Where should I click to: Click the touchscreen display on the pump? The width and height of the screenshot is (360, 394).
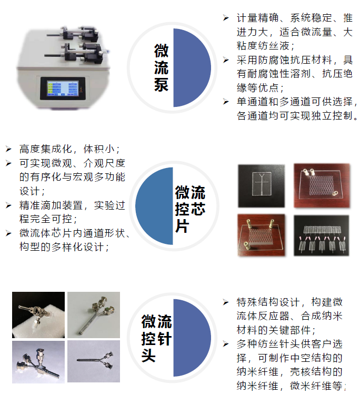coord(63,88)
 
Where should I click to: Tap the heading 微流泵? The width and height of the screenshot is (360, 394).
coord(161,68)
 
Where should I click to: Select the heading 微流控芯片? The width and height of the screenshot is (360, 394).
coord(190,209)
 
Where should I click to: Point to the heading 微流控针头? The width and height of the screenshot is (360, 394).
coord(156,338)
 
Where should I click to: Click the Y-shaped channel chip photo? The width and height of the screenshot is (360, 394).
coord(262,186)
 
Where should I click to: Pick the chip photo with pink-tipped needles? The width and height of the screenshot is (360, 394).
coord(322,235)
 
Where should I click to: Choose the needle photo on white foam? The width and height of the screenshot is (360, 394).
coord(38,314)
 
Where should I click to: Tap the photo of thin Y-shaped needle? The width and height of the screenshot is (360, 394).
coord(94,361)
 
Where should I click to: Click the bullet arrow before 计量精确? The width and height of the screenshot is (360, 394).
coord(226,18)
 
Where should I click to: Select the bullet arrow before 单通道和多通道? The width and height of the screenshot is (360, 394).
coord(226,102)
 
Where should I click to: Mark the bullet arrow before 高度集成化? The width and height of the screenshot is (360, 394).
coord(8,149)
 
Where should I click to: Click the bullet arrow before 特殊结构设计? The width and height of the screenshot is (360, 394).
coord(226,302)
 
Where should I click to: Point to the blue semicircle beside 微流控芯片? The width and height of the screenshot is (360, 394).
coord(154,206)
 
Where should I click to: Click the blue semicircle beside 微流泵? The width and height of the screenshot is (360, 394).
coord(192,68)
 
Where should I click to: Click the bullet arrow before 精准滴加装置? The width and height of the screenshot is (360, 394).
coord(8,205)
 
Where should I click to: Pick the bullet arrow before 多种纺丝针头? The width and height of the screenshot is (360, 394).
coord(226,344)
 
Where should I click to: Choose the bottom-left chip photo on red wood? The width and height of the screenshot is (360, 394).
coord(262,235)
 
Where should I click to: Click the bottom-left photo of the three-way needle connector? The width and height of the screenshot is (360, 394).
coord(38,362)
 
